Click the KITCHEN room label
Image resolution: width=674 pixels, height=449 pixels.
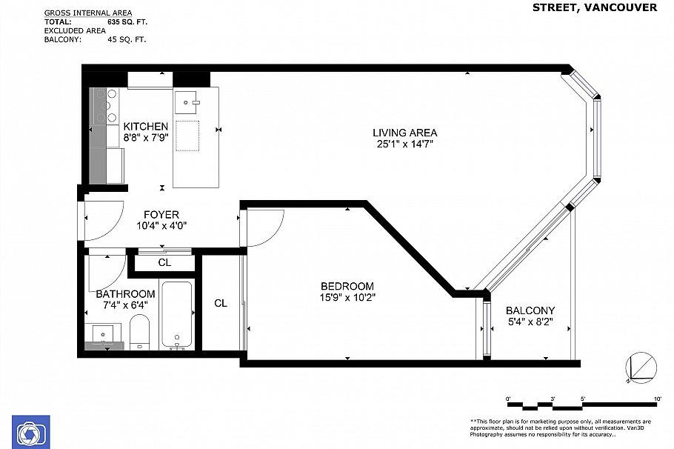click(145, 126)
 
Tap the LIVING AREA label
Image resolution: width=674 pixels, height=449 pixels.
click(404, 133)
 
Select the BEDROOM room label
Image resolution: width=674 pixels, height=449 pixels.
click(347, 286)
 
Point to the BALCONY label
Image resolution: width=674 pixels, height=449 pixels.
click(530, 310)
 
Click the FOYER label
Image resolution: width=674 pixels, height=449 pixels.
click(161, 215)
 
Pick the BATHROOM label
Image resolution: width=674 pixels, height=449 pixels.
click(125, 293)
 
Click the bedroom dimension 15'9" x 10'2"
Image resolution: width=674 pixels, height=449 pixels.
click(347, 299)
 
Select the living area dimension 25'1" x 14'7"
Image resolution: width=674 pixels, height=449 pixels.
click(404, 144)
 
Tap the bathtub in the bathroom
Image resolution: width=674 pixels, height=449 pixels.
click(177, 315)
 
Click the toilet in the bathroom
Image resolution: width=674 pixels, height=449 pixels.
click(139, 331)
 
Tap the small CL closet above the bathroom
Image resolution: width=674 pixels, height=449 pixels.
click(164, 262)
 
